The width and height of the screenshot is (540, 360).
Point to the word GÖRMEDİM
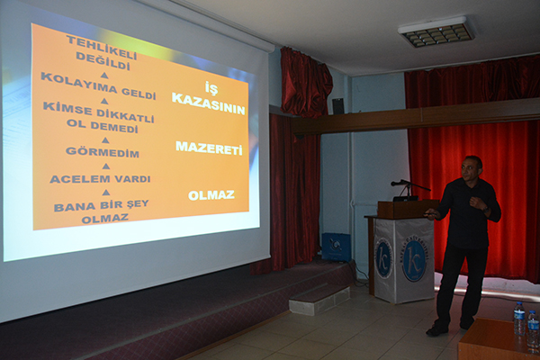click(102, 152)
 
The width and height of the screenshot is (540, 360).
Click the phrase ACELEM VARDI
click(100, 179)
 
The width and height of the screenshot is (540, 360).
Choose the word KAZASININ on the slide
click(209, 110)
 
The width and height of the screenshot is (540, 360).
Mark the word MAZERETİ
click(209, 148)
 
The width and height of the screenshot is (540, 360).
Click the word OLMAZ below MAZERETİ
click(211, 195)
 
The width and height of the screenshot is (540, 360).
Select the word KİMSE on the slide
click(62, 108)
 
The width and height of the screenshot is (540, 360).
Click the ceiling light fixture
click(436, 31)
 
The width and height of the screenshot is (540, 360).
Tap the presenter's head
click(472, 168)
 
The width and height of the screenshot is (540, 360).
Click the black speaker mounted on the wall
click(337, 106)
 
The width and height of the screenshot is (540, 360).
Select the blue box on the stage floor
click(336, 246)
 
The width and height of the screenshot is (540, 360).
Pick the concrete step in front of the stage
click(319, 299)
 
